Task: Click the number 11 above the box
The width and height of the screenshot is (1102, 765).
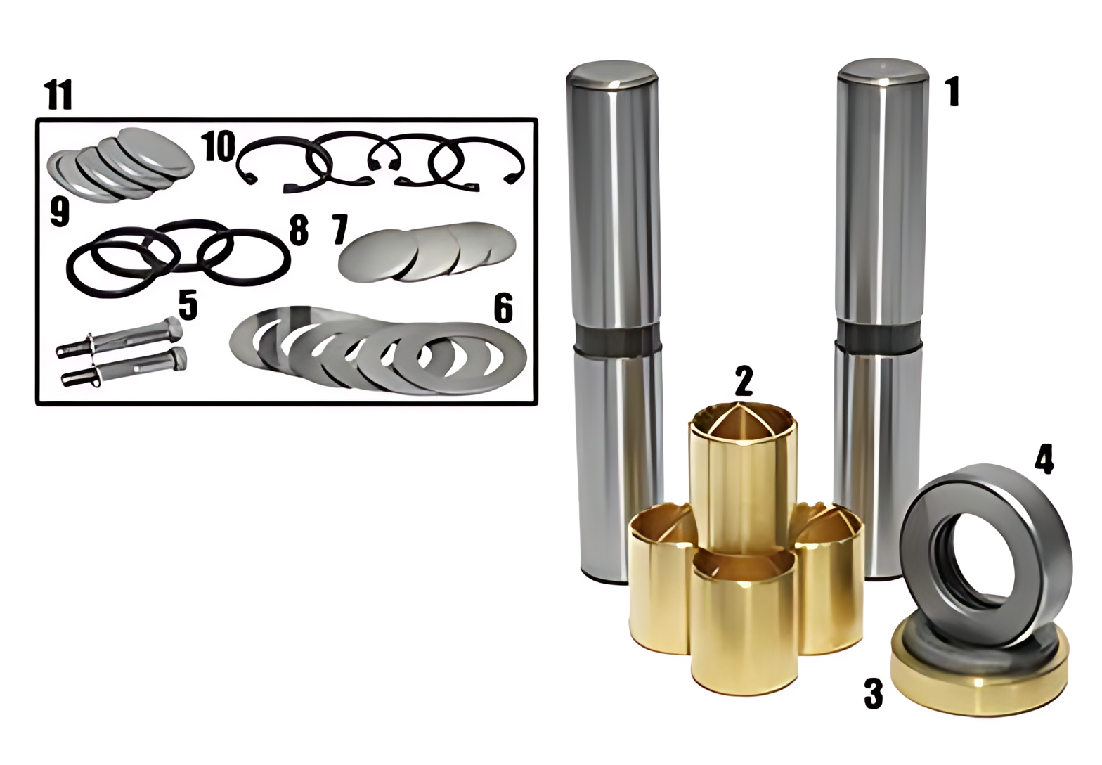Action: coord(58,94)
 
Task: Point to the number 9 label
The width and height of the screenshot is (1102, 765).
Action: coord(60,212)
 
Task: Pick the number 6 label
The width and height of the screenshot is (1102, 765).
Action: coord(503,308)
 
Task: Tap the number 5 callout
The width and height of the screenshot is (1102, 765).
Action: coord(188,304)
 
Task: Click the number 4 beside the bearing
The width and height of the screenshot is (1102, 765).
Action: coord(1044,459)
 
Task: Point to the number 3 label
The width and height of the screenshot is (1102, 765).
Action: coord(874,693)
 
